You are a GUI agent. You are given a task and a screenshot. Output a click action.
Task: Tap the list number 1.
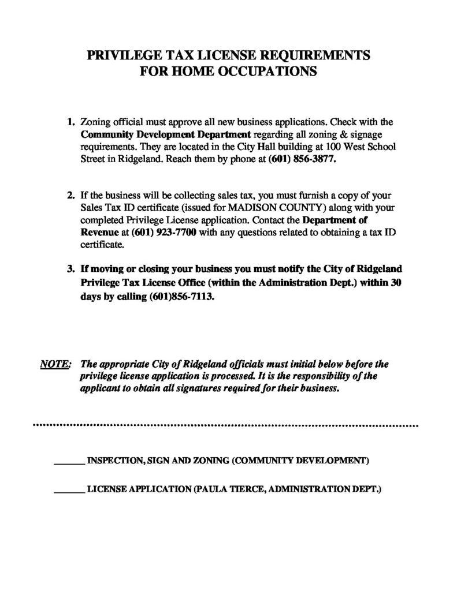click(x=70, y=122)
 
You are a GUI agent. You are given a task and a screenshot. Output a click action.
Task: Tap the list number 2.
click(x=70, y=196)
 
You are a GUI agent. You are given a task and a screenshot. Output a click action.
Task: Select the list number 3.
click(x=70, y=270)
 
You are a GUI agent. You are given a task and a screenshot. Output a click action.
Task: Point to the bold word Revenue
click(x=98, y=232)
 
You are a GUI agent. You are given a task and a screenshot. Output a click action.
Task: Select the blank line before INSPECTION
click(x=69, y=462)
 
